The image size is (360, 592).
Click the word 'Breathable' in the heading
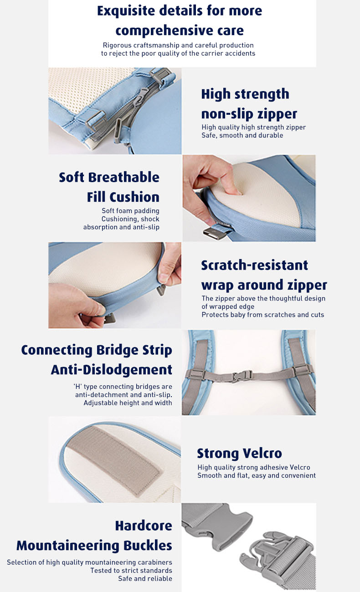point(123,177)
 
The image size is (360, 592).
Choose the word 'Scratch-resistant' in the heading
point(254,265)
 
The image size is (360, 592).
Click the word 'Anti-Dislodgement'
point(111,369)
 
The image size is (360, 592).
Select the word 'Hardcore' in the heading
point(144,526)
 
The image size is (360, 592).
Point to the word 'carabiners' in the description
point(156,562)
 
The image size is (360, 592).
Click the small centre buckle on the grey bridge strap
point(242,376)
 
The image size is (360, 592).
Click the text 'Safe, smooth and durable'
point(242,135)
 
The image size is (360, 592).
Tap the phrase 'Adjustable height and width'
point(128,403)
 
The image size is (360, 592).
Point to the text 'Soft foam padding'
point(130,211)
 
